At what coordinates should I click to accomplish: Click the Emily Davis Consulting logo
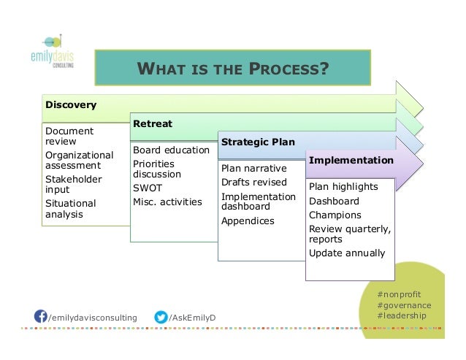55,50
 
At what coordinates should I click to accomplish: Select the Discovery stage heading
71,104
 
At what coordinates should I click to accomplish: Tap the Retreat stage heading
153,123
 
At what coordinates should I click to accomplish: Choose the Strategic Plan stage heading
258,142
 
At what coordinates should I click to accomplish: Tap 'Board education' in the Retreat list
171,150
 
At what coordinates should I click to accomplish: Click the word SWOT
148,187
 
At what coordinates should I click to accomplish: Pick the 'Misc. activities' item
167,202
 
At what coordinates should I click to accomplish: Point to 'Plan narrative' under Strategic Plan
253,169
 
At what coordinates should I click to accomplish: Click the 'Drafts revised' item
253,183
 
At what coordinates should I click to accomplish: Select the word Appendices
248,221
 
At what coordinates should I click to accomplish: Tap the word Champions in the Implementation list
335,215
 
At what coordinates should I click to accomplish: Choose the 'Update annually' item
347,253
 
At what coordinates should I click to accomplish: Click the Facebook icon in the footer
42,317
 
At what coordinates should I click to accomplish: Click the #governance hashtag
404,305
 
